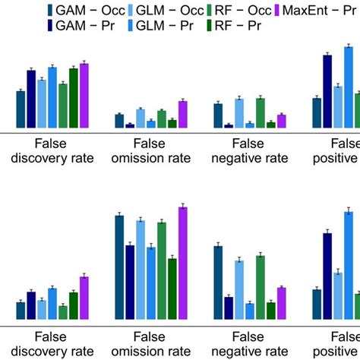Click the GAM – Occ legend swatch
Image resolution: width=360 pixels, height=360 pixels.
click(49, 11)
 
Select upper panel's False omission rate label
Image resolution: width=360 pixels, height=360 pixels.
click(150, 150)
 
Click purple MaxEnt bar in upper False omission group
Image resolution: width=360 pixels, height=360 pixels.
click(182, 114)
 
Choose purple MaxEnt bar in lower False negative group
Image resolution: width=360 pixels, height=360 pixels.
click(282, 304)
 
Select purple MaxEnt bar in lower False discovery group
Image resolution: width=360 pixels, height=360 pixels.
click(84, 298)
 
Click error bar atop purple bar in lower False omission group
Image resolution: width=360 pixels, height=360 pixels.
click(182, 206)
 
